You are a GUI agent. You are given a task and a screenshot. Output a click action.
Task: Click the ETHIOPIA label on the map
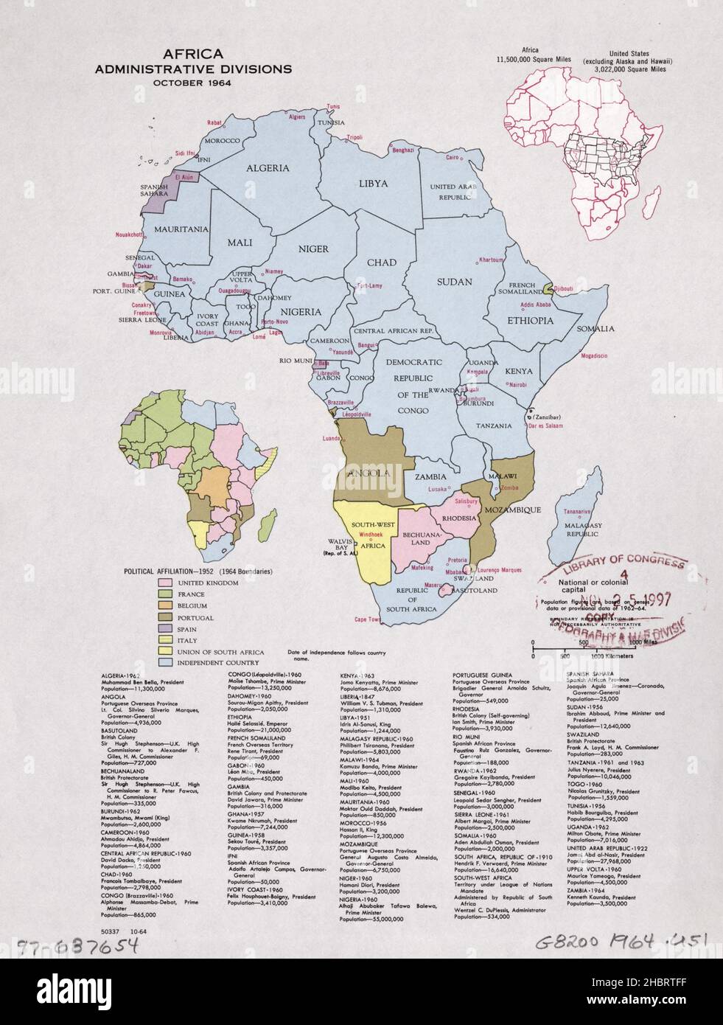(x=530, y=321)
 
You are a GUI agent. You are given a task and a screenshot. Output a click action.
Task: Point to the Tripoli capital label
(x=355, y=136)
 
